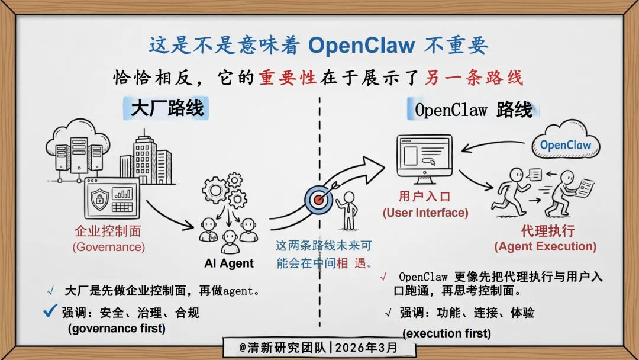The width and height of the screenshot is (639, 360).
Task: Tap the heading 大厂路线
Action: (167, 108)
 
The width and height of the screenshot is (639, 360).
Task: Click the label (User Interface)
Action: (425, 213)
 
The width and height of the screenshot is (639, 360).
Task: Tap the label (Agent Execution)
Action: (545, 246)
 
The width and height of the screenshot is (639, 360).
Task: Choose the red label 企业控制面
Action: (108, 231)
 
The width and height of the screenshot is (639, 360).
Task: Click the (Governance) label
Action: (108, 247)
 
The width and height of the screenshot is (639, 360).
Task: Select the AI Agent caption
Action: (229, 263)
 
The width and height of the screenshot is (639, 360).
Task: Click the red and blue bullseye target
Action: (319, 200)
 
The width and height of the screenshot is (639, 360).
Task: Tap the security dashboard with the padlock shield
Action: (111, 197)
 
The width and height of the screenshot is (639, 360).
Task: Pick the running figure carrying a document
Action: (510, 192)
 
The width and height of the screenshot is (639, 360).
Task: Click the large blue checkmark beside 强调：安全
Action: (50, 310)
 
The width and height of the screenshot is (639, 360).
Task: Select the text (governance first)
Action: (117, 328)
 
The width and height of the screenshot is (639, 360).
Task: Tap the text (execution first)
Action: (447, 333)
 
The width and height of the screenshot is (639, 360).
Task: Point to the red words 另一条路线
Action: (474, 78)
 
